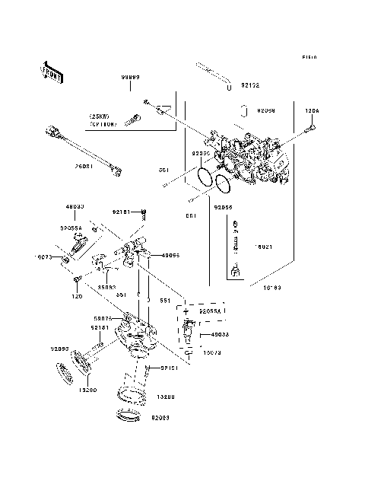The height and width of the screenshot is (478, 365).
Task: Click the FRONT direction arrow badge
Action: [x=52, y=71]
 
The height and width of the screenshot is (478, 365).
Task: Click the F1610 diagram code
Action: [x=309, y=57]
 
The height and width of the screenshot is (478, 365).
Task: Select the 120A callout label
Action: [x=312, y=111]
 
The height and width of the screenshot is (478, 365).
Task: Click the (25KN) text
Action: [x=100, y=116]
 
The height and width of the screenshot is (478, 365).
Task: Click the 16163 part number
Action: [x=273, y=288]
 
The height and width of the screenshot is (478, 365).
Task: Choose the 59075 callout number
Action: [x=103, y=319]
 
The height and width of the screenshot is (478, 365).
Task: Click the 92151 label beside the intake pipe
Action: [x=169, y=368]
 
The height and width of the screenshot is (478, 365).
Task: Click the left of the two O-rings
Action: [x=202, y=177]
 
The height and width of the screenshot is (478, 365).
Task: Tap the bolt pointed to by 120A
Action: [x=307, y=131]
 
